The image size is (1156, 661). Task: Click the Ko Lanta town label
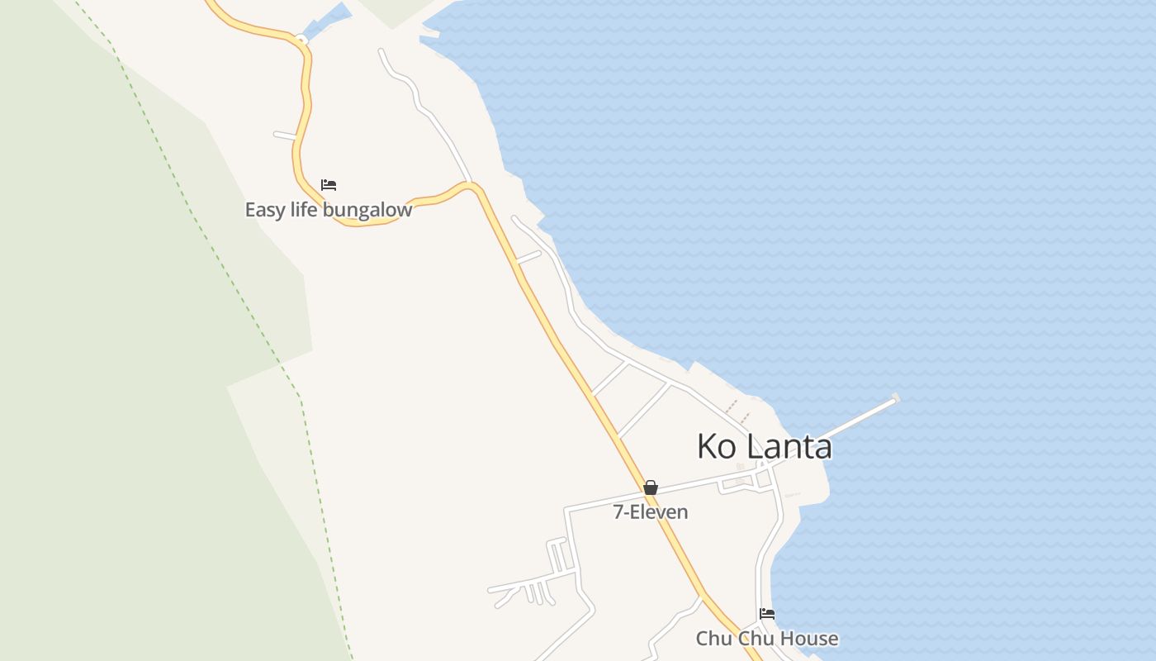coord(764,446)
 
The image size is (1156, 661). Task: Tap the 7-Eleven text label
coord(650,512)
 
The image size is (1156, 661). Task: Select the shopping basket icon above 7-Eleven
coord(651,487)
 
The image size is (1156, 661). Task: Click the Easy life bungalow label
coord(328,210)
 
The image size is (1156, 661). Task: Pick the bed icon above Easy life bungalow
coord(329,185)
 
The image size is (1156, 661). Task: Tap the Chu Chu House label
coord(766,639)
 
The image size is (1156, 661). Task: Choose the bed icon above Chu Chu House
coord(767,614)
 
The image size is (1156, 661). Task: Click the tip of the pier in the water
coord(894,400)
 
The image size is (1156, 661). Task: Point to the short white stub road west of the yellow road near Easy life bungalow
coord(285,135)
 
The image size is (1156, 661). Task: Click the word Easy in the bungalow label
coord(264,210)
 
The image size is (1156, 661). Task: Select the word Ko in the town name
coord(717,446)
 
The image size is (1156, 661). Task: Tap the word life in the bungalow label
coord(304,210)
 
